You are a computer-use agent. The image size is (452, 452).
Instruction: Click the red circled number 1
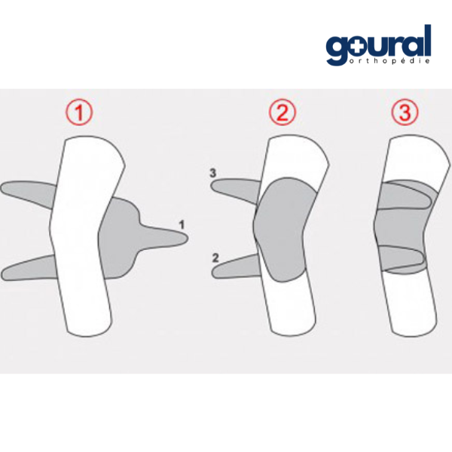click(x=79, y=113)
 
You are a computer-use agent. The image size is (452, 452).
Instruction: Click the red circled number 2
click(x=282, y=112)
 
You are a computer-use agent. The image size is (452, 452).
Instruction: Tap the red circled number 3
click(x=405, y=112)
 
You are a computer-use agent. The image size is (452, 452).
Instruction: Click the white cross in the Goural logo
click(x=356, y=47)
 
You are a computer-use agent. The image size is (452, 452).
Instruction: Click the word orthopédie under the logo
click(x=389, y=61)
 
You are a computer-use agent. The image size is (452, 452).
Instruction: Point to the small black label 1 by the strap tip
click(x=182, y=224)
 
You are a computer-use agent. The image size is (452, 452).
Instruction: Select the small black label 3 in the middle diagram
click(x=212, y=173)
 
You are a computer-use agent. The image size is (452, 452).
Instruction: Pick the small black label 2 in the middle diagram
click(x=215, y=258)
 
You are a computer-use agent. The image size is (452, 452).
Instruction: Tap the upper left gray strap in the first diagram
click(x=27, y=192)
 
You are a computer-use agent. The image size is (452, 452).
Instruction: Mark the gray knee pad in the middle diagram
click(x=284, y=229)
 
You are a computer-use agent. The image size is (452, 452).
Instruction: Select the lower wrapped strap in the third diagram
click(x=404, y=259)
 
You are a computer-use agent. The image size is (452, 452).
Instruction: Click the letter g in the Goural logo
click(x=337, y=49)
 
